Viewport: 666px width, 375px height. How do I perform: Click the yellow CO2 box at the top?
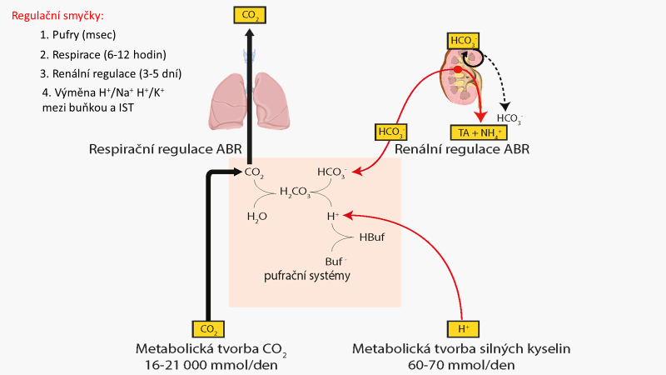[250, 14]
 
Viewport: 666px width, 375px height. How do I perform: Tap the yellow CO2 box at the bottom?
[208, 328]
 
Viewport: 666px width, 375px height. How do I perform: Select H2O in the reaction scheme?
[257, 216]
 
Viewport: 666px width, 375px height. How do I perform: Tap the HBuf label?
[371, 237]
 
